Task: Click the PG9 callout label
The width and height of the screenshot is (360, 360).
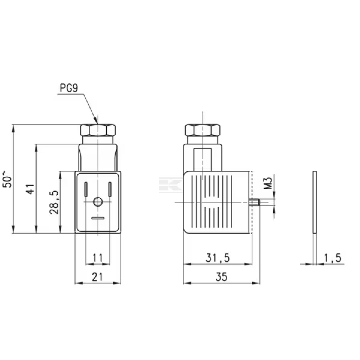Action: tap(69, 88)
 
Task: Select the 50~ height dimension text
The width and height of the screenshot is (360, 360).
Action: tap(8, 179)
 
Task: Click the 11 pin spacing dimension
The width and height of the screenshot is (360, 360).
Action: tap(97, 258)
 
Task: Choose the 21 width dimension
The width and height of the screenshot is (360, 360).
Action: tap(97, 277)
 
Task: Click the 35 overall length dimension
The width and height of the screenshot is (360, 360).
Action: tap(221, 277)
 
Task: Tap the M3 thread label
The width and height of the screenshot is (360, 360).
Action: tap(269, 183)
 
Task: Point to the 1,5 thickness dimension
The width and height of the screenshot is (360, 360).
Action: tap(332, 258)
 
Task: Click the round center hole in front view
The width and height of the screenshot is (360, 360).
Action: tap(97, 202)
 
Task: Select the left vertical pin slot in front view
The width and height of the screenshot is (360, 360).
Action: tap(86, 189)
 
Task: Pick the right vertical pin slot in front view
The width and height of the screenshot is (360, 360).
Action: tap(110, 189)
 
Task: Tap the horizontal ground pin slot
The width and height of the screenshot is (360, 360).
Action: tap(97, 218)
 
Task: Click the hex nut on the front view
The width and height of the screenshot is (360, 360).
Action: tap(98, 130)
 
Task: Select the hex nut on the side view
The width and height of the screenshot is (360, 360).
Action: tap(202, 130)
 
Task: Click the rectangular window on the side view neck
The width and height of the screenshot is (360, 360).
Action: tap(203, 159)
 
